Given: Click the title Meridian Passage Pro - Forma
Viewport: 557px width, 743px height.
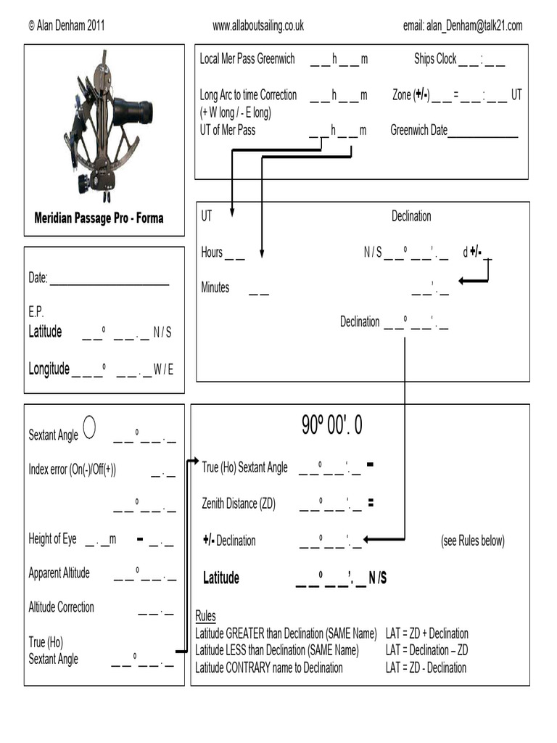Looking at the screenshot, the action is click(99, 218).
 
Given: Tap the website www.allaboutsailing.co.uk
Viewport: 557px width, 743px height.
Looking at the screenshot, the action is click(257, 26).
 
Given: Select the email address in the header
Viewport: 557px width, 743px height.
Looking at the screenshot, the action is click(462, 26).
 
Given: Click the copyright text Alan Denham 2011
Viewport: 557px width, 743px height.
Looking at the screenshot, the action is click(67, 26).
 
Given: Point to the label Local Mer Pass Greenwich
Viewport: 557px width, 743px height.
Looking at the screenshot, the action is click(247, 59).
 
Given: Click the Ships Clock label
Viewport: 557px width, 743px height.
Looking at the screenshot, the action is click(435, 59).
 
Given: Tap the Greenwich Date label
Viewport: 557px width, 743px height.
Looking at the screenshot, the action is click(419, 131).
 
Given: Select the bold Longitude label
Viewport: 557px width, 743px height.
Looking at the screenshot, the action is click(49, 369).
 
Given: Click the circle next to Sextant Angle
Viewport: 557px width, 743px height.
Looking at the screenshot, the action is click(89, 427).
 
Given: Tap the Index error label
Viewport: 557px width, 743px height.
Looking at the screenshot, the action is click(72, 469).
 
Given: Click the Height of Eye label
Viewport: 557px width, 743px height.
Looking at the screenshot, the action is click(52, 539).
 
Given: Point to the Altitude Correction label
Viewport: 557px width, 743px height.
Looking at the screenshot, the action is click(61, 607).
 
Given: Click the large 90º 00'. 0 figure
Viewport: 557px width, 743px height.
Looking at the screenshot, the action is click(331, 427).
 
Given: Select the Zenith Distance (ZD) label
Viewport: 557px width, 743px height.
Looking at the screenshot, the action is click(239, 504).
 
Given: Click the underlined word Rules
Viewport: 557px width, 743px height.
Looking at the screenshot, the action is click(205, 617).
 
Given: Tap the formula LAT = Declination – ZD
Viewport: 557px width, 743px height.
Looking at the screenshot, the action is click(426, 650).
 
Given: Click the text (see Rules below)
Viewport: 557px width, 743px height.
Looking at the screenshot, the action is click(472, 541).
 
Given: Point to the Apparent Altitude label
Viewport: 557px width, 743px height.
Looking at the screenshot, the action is click(59, 573).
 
